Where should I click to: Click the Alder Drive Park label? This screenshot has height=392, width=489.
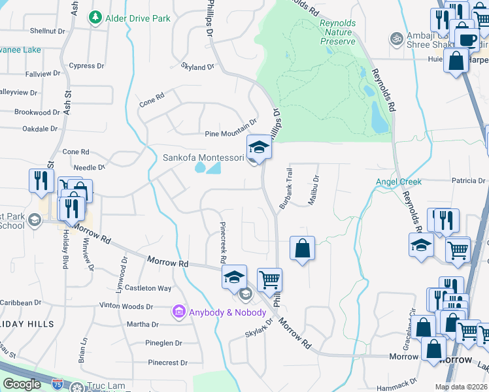[x=138, y=18]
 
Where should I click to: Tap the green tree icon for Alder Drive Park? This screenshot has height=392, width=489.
[x=95, y=16]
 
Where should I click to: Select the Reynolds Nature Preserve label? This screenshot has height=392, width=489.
[x=337, y=32]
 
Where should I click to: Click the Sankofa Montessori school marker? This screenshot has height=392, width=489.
[x=259, y=147]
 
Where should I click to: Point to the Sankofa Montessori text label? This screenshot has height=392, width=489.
[x=203, y=157]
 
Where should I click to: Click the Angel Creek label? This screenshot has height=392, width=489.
[x=398, y=181]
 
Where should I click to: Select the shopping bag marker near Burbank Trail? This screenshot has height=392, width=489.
[x=302, y=248]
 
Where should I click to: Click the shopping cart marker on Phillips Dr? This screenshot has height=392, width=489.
[x=269, y=280]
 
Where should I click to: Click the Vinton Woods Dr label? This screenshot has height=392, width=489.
[x=126, y=306]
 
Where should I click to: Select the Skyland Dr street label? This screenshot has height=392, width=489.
[x=198, y=67]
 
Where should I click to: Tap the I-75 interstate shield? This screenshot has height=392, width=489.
[x=58, y=384]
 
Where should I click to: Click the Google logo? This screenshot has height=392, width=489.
[x=22, y=384]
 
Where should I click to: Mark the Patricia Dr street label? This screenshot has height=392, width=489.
[x=466, y=180]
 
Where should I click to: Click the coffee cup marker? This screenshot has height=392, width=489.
[x=467, y=39]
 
